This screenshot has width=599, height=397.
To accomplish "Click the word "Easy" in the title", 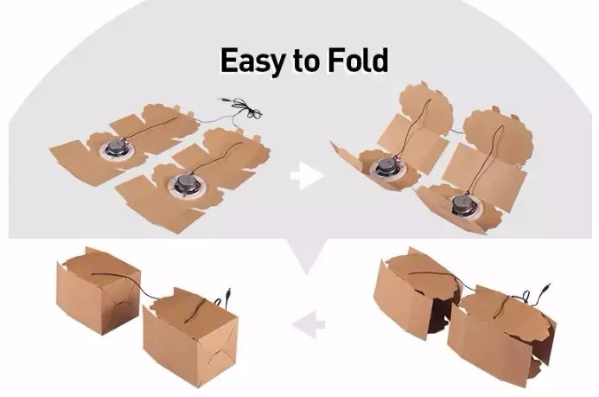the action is pos(253,61).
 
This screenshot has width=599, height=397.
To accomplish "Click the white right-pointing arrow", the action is pos(308,176).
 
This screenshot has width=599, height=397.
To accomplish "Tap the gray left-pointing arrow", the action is pos(308,324).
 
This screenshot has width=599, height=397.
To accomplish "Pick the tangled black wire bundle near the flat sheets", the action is pos(248,108).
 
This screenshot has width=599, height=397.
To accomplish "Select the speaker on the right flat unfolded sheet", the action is pos(185,183).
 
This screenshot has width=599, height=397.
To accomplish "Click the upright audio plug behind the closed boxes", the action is pos(228,296).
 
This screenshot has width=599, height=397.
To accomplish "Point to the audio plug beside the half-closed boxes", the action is pos(546,287).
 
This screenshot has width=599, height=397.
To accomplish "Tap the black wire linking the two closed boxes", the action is pos(142,289).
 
